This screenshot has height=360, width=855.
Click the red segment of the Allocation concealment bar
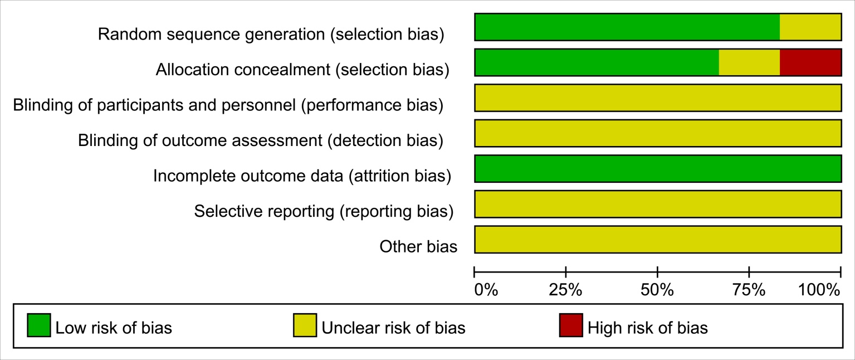[x=810, y=62]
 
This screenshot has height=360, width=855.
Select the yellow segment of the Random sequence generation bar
[x=810, y=27]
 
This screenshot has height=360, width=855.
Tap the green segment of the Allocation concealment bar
[x=597, y=62]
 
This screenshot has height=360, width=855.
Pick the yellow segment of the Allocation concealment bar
[x=749, y=62]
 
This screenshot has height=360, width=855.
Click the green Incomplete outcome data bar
[x=658, y=169]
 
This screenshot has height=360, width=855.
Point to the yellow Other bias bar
[x=658, y=240]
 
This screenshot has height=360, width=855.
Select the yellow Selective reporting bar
[x=658, y=204]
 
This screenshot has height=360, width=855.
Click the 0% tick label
[x=486, y=290]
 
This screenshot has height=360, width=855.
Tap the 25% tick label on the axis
[x=565, y=290]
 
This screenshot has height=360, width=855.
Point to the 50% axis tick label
[x=657, y=290]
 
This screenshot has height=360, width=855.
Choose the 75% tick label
[x=749, y=290]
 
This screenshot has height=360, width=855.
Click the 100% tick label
[x=819, y=290]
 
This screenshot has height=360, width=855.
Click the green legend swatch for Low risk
[x=39, y=325]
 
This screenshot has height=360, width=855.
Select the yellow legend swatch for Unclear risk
[x=305, y=325]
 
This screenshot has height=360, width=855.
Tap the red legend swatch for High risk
[x=571, y=325]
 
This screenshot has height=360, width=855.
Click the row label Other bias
[x=418, y=247]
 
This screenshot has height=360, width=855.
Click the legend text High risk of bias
[x=648, y=328]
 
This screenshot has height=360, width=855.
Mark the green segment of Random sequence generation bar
[x=627, y=27]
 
